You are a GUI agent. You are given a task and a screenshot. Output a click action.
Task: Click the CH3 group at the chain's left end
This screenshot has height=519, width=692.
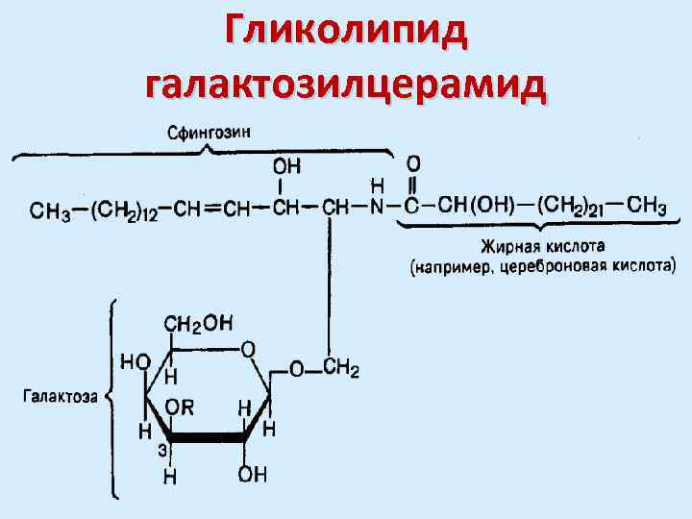click(x=48, y=209)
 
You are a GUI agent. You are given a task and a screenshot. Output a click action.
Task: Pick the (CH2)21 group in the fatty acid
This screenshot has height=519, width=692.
click(x=575, y=207)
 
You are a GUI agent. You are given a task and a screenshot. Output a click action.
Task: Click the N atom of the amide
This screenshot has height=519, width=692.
click(x=378, y=208)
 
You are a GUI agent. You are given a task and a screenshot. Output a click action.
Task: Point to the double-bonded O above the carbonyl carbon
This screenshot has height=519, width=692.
click(x=413, y=163)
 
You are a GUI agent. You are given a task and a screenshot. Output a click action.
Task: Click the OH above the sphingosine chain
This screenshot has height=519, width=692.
click(x=286, y=165)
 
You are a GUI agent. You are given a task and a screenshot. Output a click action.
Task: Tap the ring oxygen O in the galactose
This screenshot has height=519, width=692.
click(x=248, y=349)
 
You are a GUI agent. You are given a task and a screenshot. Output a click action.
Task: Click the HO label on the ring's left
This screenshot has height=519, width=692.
click(x=135, y=361)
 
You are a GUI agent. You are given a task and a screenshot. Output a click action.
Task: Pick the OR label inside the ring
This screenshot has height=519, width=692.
click(x=180, y=407)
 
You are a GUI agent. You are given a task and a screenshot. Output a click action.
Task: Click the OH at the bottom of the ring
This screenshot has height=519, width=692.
click(x=254, y=474)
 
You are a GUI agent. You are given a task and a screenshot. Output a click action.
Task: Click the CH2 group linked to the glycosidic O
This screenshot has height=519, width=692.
click(x=341, y=368)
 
